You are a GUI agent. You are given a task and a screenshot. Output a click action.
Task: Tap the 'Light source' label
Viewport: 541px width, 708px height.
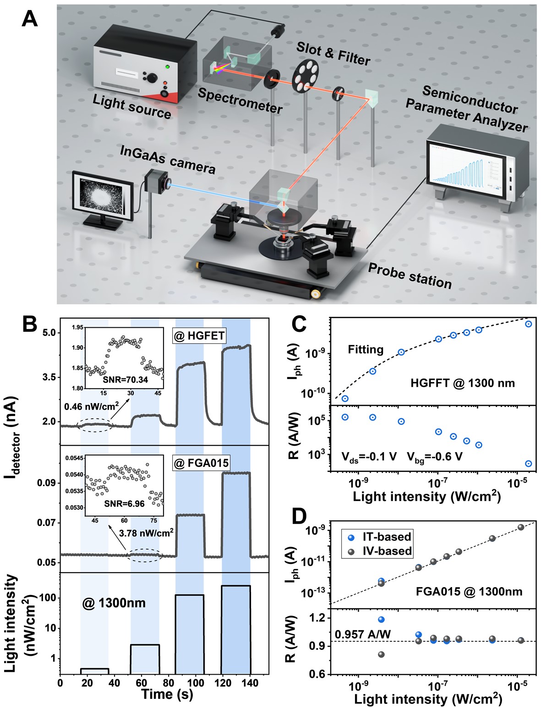coord(131,107)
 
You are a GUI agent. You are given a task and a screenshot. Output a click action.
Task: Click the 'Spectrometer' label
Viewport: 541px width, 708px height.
coord(240,100)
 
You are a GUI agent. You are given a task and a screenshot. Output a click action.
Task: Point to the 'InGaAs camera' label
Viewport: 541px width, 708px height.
coord(167,159)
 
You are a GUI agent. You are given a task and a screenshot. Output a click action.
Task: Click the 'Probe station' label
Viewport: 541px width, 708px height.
coord(410,276)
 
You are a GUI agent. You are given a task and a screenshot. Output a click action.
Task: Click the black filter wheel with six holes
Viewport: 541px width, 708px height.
coord(305,72)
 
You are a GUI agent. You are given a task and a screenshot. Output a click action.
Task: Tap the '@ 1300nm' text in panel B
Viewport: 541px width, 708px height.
coord(114,603)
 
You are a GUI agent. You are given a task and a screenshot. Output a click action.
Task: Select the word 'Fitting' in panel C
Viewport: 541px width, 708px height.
coord(366,350)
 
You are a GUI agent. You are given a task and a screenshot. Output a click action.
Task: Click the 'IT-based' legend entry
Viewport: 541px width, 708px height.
coord(387,536)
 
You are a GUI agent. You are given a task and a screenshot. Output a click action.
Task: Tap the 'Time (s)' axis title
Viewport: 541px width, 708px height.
coord(167,694)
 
